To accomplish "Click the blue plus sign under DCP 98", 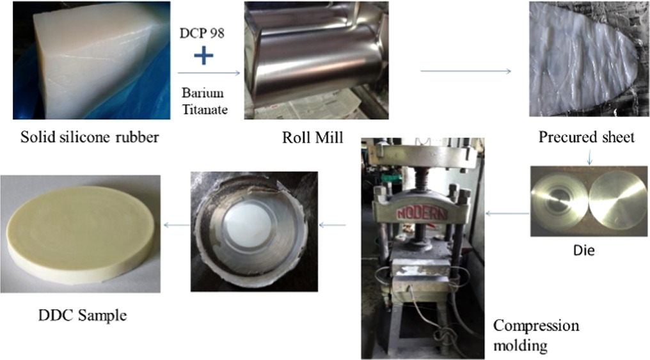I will [x=203, y=56].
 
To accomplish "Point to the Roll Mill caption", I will [x=312, y=136].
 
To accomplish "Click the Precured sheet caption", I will [x=587, y=137].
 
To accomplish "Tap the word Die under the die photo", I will [x=585, y=251].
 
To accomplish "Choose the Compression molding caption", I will [x=535, y=335].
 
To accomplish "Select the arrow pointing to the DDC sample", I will [x=177, y=224].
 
